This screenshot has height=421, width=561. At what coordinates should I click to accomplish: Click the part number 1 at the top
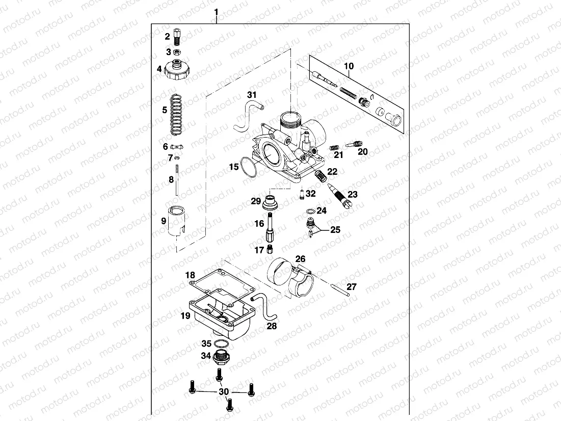tap(217, 12)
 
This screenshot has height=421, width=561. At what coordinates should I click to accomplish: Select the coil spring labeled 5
tap(176, 115)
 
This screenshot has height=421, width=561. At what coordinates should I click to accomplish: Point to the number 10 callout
tap(349, 66)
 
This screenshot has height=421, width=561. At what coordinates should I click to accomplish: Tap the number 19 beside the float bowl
tap(185, 316)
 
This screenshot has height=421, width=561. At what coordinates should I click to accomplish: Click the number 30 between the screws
tap(224, 392)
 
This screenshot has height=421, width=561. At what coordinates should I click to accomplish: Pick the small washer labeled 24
tap(310, 211)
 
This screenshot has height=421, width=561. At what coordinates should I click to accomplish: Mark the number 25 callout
tap(335, 230)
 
